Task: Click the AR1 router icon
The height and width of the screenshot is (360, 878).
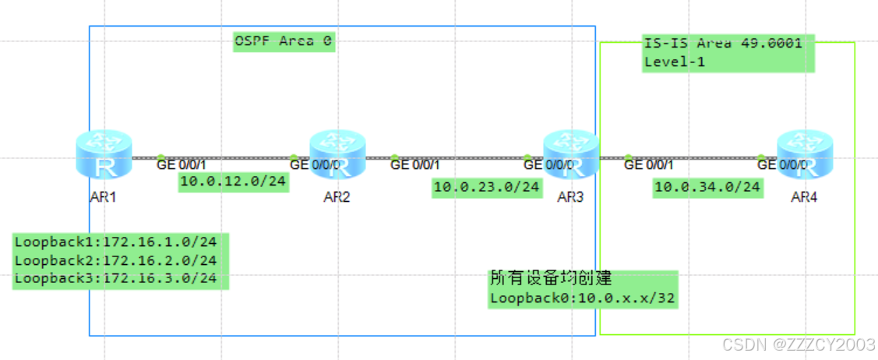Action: (x=104, y=155)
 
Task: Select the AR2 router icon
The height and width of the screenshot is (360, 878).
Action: (x=337, y=155)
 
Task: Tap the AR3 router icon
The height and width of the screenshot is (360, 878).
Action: (x=570, y=155)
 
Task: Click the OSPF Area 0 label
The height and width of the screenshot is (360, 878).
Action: (x=284, y=41)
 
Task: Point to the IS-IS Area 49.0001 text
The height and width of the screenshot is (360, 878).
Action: (x=722, y=44)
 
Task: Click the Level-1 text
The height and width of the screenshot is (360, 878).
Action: (x=675, y=62)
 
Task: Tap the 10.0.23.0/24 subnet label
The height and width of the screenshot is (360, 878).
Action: (x=487, y=187)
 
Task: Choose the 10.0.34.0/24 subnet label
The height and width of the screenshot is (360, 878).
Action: (x=707, y=187)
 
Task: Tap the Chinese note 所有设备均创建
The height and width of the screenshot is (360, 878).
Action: (x=550, y=279)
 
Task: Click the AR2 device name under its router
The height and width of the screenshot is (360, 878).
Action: (x=337, y=197)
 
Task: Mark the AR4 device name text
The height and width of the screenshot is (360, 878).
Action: (x=804, y=197)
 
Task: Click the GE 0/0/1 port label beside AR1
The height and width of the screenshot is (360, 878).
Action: (x=182, y=164)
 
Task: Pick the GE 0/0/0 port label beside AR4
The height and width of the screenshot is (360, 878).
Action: (x=778, y=164)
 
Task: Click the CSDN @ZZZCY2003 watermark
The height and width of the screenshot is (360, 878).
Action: (x=798, y=344)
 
